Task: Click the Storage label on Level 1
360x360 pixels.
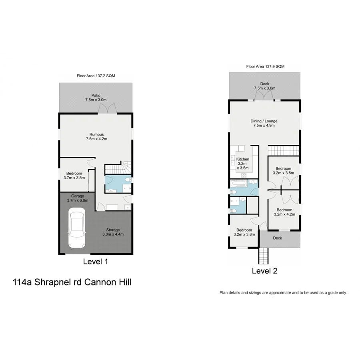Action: click(x=113, y=232)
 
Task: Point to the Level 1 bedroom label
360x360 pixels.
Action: click(x=74, y=175)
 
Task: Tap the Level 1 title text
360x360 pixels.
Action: click(x=95, y=262)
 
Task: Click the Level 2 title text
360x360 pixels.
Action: click(x=264, y=271)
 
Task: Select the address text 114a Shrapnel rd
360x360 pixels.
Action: click(x=72, y=282)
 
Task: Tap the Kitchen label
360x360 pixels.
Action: click(x=243, y=164)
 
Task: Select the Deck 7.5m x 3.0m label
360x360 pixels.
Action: click(x=264, y=86)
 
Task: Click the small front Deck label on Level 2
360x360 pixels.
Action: click(x=277, y=238)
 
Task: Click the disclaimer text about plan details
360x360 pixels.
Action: click(x=283, y=293)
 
